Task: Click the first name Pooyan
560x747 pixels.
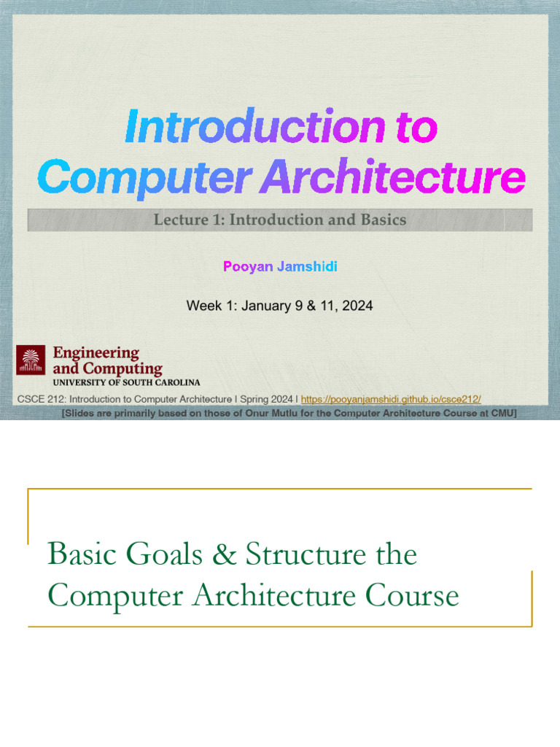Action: coord(245,266)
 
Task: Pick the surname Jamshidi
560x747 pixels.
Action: coord(307,266)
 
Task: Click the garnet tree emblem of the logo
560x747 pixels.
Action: coord(31,360)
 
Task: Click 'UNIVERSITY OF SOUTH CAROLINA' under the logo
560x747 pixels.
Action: coord(125,382)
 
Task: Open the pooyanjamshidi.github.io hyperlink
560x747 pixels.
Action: coord(391,399)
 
